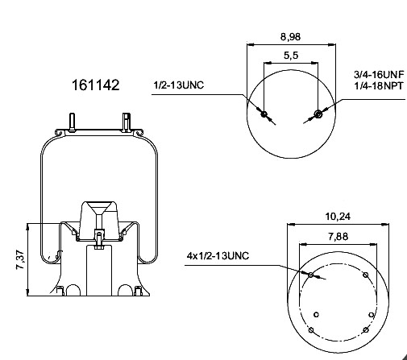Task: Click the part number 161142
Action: (95, 85)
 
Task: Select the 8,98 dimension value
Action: (290, 36)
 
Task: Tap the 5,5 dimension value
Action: (291, 56)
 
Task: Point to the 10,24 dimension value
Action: (338, 216)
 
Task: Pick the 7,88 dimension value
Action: (338, 237)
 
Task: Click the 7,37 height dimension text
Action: (21, 259)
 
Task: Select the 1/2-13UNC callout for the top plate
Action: (179, 85)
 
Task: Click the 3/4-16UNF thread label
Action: (379, 75)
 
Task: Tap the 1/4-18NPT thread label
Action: (379, 86)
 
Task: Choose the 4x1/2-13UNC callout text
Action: (218, 256)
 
